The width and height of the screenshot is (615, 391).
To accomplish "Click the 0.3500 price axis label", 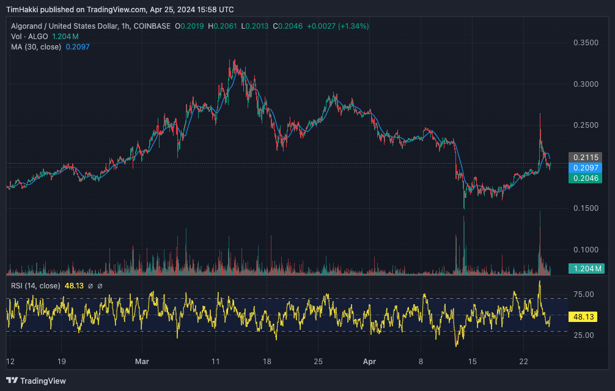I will (585, 43).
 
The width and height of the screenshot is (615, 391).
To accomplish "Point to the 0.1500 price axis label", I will (585, 208).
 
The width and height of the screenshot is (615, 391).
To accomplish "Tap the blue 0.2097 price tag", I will (585, 167).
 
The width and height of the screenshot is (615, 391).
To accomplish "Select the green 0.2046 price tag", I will (585, 178).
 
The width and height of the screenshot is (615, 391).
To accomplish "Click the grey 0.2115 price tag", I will (585, 157).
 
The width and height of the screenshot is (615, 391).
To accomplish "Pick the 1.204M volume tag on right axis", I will (586, 268).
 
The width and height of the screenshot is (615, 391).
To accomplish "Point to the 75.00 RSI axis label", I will (585, 294).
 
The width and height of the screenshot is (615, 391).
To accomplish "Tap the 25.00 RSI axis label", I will (585, 335).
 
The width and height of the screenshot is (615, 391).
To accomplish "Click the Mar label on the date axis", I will (142, 361).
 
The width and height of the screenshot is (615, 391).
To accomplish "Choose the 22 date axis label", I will (524, 361).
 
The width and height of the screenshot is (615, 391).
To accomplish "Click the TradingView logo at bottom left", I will (37, 381).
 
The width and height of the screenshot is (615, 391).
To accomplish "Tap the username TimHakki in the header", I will (24, 10).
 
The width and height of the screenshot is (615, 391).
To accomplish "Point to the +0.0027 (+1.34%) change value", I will (337, 26).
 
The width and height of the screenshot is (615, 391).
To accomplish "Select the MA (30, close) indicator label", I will (35, 47).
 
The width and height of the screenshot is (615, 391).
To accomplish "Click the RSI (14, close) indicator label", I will (36, 285).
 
